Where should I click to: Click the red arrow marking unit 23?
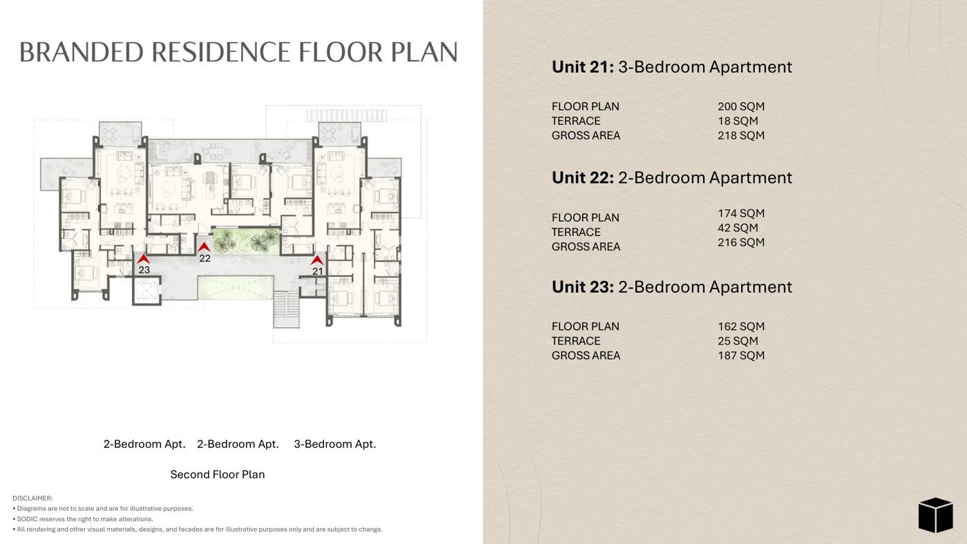tap(144, 259)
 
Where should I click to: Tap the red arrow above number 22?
tap(204, 247)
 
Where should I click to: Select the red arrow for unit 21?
tap(317, 260)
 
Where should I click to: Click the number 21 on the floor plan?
tap(317, 271)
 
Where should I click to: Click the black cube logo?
tap(935, 515)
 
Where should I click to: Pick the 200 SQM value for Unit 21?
tap(740, 106)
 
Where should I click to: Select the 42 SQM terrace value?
tap(738, 228)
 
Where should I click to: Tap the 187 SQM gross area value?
tap(740, 356)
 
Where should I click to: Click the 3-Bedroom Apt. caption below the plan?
tap(335, 445)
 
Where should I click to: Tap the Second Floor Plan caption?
tap(218, 474)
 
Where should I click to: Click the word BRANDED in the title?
tap(82, 52)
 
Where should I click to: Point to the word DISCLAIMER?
tap(32, 498)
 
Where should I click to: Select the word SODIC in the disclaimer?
tap(28, 519)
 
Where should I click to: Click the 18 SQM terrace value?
tap(738, 122)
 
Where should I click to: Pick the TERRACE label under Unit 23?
tap(576, 341)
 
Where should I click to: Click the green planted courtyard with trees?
tap(247, 241)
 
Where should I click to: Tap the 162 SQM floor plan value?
tap(740, 327)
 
